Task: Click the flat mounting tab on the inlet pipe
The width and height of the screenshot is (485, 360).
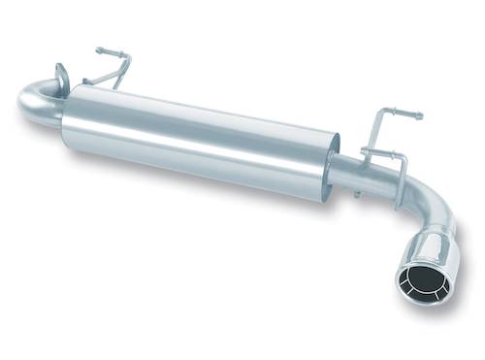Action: coord(63,75)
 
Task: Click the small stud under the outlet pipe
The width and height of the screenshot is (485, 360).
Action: coord(356,194)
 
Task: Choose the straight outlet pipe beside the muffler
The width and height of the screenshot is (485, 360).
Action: coord(359,175)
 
